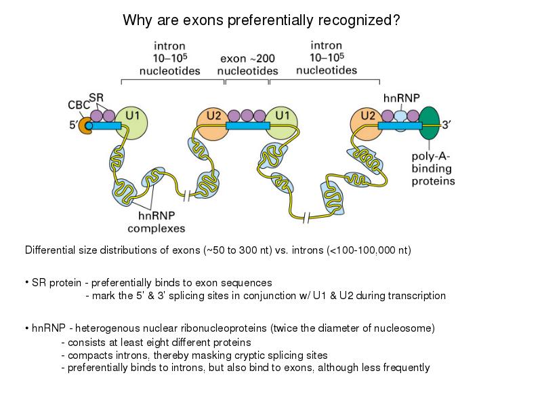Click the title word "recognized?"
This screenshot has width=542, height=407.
click(362, 20)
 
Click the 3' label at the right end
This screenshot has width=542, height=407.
click(450, 125)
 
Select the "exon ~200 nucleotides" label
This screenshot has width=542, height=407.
click(248, 65)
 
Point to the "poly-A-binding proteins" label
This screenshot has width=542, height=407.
click(433, 168)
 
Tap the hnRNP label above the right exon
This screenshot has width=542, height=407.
click(402, 97)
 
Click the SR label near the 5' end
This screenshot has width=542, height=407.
click(96, 96)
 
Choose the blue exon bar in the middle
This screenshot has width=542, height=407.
click(247, 125)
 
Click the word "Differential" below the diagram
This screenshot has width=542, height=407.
click(49, 250)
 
